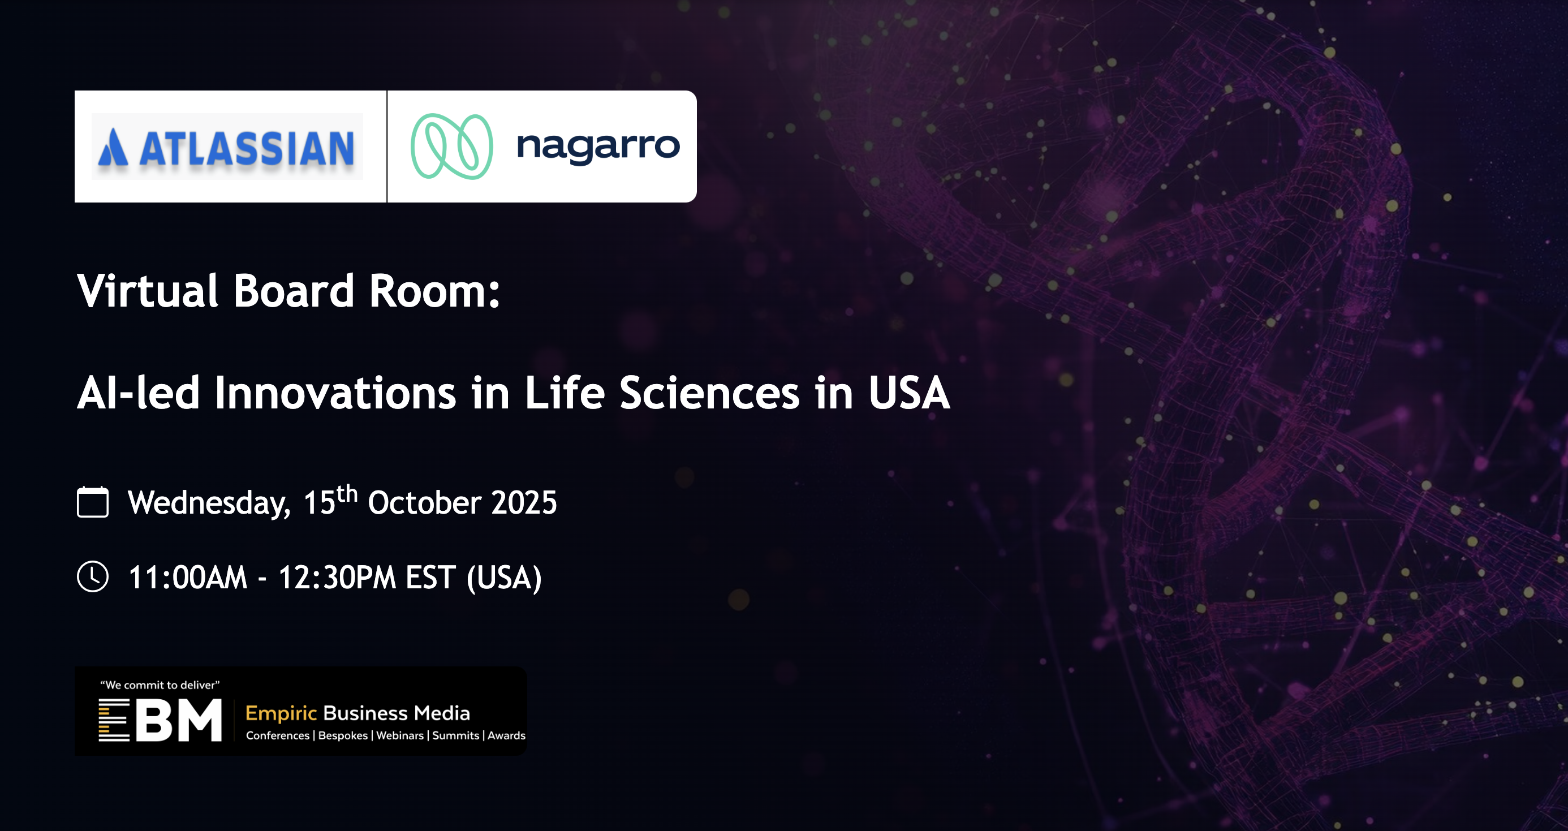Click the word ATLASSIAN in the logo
coord(247,148)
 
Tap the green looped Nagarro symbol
coord(451,146)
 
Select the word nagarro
coord(598,146)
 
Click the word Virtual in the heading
coord(147,290)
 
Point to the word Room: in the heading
coord(434,290)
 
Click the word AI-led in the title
coord(138,393)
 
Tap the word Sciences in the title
coord(709,393)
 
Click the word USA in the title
coord(909,393)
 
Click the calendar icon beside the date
coord(93,502)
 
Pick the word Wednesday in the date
coord(209,503)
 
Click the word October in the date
coord(425,503)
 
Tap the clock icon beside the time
coord(93,576)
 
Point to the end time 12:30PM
coord(337,577)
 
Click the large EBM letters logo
coord(161,720)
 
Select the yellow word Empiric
coord(281,713)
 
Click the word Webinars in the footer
coord(400,735)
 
